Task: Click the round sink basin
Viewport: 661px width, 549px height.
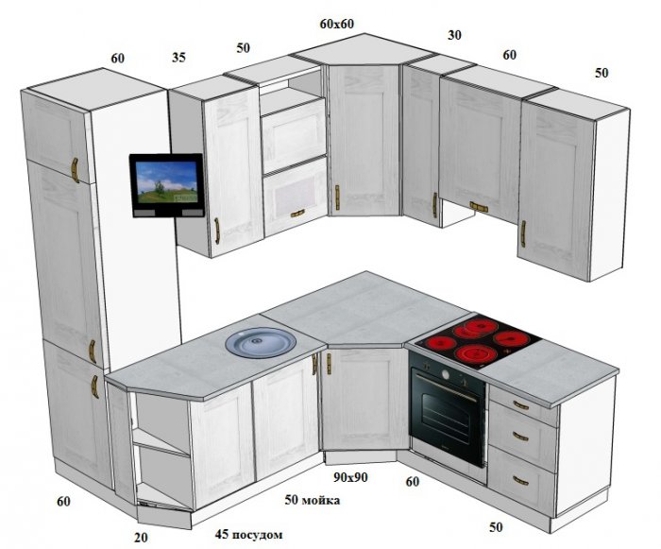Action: pos(261,342)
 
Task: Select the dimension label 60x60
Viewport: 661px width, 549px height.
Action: pos(336,24)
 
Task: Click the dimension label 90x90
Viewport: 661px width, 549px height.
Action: pos(350,477)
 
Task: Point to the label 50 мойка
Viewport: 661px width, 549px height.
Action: pos(312,500)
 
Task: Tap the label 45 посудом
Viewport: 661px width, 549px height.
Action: pos(248,535)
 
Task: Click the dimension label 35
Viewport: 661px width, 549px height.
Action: pos(178,57)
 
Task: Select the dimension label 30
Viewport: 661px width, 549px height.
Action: pos(454,35)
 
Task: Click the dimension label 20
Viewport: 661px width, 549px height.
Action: pos(142,538)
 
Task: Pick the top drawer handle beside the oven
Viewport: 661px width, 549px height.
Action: pos(521,405)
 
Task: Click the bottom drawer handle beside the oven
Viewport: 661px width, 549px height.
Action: pos(521,481)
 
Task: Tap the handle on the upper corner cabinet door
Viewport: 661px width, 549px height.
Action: pos(337,197)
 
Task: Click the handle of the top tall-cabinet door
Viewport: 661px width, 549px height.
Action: pos(75,170)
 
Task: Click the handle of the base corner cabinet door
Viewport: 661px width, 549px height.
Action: pos(329,364)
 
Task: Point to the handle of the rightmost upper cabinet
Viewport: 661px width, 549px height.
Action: pos(523,233)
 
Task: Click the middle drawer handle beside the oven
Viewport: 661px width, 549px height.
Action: pos(520,437)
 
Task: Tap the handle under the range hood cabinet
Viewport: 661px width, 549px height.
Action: pos(479,207)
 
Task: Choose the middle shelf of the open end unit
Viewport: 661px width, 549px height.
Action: pos(161,443)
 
